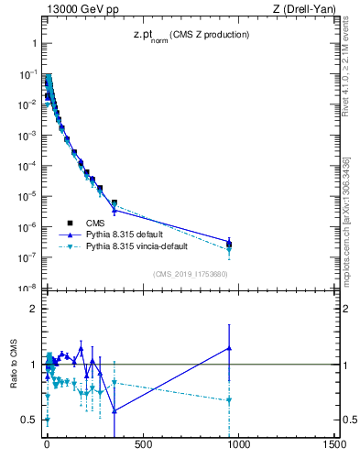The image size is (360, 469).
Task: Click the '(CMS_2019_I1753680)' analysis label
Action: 190,274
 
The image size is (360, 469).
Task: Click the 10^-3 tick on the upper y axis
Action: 27,135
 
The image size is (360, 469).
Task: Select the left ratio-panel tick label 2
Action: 32,309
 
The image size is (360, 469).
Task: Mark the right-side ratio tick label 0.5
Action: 350,420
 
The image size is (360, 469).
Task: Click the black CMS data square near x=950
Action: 229,245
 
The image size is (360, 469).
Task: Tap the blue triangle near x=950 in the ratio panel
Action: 229,348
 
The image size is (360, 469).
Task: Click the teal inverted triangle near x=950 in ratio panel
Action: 229,400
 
